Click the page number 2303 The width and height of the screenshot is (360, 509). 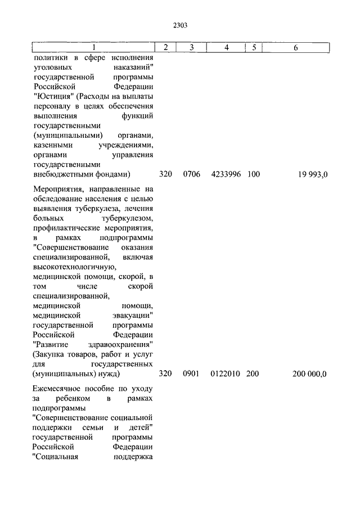(x=180, y=25)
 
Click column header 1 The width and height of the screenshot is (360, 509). (x=94, y=48)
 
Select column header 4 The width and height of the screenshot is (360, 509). (x=226, y=48)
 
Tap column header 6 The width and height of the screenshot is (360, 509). (x=296, y=48)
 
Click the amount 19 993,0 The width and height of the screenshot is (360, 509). (x=313, y=174)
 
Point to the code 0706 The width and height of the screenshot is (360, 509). (x=191, y=174)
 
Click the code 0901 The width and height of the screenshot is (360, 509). (x=191, y=374)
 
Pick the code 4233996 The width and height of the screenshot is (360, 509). (x=226, y=174)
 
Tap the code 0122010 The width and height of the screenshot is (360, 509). (x=226, y=374)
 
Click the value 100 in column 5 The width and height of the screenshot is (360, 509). (x=253, y=174)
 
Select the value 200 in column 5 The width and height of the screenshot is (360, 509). (x=253, y=374)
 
